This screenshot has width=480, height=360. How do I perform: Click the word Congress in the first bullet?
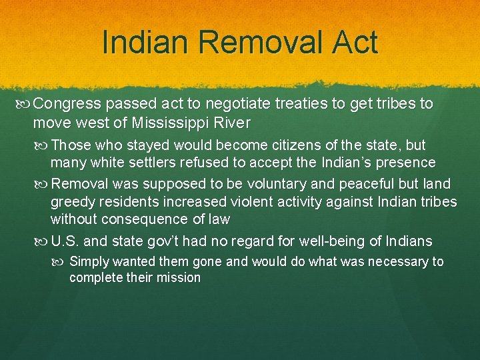[x=63, y=105]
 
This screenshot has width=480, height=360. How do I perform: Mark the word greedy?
[x=72, y=201]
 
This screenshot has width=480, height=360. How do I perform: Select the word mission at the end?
[x=179, y=278]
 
